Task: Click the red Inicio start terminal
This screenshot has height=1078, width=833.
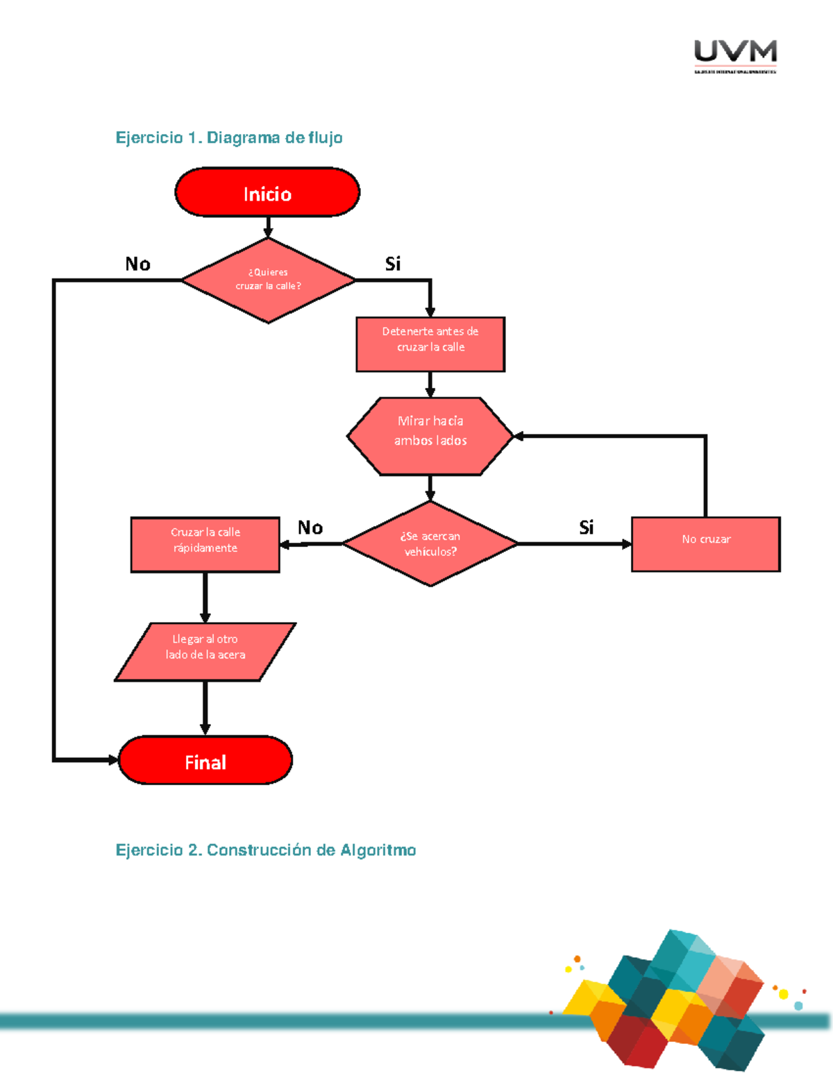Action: tap(267, 192)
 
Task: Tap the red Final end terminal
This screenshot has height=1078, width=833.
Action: tap(205, 761)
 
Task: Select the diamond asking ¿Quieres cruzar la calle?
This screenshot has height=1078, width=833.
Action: tap(268, 280)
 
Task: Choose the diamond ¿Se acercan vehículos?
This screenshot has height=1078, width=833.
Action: tap(430, 544)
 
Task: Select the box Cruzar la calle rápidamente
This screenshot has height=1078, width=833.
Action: tap(205, 544)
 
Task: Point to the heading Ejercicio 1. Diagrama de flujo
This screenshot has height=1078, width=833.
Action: tap(228, 137)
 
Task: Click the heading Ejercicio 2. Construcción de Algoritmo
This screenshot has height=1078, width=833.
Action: tap(265, 850)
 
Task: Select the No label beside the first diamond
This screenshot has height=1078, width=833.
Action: tap(137, 264)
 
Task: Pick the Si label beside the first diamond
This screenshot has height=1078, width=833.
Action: tap(393, 264)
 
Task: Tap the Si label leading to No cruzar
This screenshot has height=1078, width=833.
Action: tap(587, 528)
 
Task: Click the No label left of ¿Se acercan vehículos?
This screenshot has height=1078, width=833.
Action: tap(310, 528)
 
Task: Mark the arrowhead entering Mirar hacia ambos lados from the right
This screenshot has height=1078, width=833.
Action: tap(519, 436)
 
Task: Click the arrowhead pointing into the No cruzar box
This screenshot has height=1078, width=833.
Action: tap(626, 544)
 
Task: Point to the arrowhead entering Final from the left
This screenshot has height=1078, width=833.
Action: tap(112, 760)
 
